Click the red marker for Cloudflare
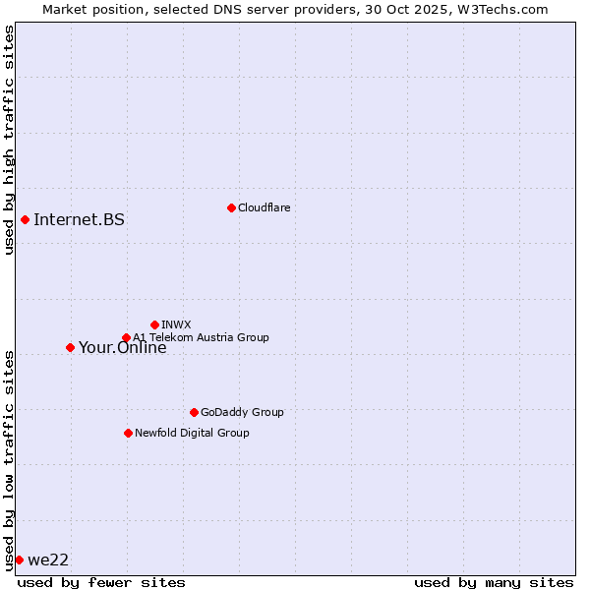click(x=231, y=207)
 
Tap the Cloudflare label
click(x=264, y=207)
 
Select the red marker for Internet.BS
click(x=25, y=219)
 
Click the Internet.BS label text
click(x=79, y=219)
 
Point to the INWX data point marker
click(x=154, y=324)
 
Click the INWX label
click(x=176, y=324)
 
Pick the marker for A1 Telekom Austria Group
click(x=126, y=338)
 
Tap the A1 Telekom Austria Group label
click(x=201, y=337)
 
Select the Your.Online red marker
click(x=70, y=347)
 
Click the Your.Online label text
click(x=123, y=348)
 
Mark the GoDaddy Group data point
click(x=194, y=412)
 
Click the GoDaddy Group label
click(x=242, y=412)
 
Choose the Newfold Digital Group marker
click(x=128, y=433)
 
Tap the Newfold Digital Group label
click(x=192, y=433)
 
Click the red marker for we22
click(x=19, y=560)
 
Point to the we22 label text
click(x=48, y=560)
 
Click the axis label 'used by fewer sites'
click(x=101, y=582)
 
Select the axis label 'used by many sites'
click(x=494, y=582)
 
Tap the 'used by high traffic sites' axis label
click(x=9, y=141)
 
